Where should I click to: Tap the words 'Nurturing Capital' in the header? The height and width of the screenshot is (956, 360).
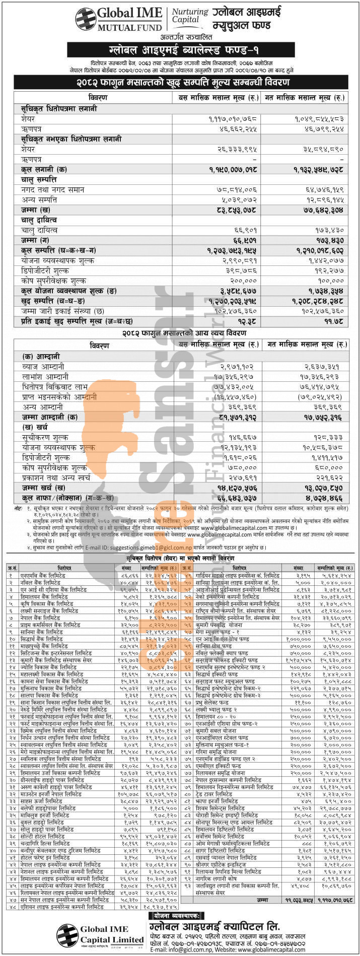pos(183,15)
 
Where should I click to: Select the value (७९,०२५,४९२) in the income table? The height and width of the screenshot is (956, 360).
pos(322,397)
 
